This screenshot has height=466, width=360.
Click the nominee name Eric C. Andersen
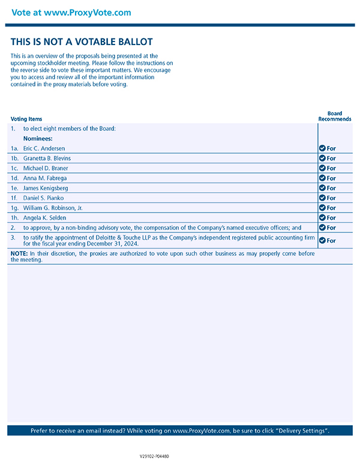[44, 148]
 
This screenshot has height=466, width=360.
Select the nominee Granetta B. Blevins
[47, 159]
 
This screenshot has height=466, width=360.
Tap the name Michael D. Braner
[45, 168]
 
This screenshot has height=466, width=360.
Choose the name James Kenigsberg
[46, 188]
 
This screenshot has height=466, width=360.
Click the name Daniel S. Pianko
[43, 198]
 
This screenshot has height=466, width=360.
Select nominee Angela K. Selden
[44, 218]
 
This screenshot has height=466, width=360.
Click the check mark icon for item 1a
[322, 148]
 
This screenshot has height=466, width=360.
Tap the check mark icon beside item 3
[322, 240]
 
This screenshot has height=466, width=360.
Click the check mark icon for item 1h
[322, 218]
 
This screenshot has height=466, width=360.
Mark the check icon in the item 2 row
[322, 228]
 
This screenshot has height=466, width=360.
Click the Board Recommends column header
[334, 116]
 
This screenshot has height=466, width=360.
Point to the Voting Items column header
[26, 119]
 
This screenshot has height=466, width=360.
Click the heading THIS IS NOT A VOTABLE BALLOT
[82, 42]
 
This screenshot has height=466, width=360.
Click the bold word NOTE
[19, 254]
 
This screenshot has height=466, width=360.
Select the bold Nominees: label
[38, 139]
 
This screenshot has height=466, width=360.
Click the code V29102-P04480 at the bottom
[154, 456]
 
